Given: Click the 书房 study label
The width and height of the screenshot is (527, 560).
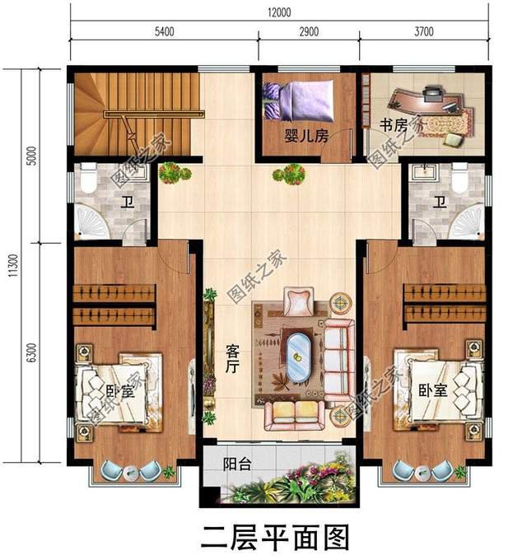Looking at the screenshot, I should click(393, 125).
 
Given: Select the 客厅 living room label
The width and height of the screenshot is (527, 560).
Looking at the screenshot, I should click(231, 359).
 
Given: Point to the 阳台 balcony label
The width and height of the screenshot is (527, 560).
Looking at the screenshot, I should click(236, 464).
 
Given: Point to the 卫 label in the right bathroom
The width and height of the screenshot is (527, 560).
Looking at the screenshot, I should click(441, 203).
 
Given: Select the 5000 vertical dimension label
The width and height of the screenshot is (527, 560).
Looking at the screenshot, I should click(31, 156).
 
